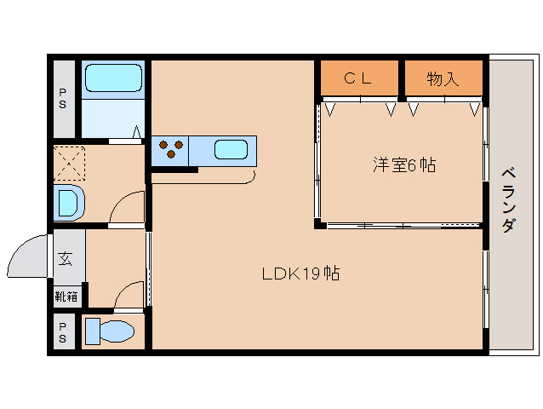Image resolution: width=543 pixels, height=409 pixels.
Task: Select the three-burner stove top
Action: [171, 150]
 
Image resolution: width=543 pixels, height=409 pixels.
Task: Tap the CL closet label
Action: [358, 79]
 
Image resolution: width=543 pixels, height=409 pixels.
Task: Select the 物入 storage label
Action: [443, 79]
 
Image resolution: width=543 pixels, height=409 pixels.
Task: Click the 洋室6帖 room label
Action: [403, 165]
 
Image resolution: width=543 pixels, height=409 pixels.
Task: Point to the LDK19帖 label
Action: [300, 274]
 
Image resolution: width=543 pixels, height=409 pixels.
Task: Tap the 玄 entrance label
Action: [66, 258]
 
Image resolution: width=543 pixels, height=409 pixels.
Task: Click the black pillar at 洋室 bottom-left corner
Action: [318, 224]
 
